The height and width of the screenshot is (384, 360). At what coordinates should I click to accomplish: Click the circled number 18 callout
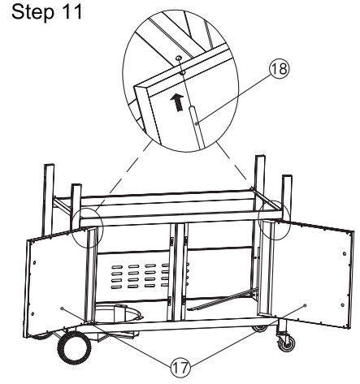coord(280,69)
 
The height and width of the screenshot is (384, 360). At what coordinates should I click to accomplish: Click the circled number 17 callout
coord(180,368)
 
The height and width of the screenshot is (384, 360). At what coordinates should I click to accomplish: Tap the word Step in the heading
coord(33,13)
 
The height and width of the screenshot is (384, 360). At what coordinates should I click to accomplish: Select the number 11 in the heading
coord(72,11)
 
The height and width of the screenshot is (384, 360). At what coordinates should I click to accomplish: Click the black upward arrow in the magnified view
coord(177,101)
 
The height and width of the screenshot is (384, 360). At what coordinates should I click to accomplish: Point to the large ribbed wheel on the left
coord(74,347)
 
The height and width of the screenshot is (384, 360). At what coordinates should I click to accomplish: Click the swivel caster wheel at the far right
coord(286,342)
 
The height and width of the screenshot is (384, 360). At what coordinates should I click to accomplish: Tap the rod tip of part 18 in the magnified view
coord(191,108)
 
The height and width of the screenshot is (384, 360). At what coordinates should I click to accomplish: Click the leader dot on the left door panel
coord(62,308)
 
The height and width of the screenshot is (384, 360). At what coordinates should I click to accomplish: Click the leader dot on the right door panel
coord(305,305)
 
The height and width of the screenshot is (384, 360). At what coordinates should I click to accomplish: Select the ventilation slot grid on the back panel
coord(141,275)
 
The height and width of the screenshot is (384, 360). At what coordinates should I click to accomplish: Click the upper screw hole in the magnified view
coord(178,58)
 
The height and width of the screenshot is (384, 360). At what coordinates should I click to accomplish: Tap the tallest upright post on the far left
coord(48,200)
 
